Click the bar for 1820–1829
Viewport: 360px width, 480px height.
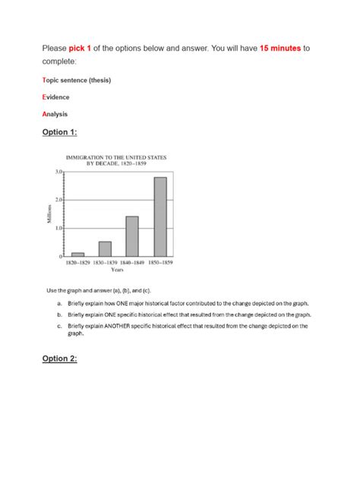point(77,254)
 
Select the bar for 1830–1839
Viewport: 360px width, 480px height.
point(105,249)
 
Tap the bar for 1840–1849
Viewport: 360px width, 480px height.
point(132,237)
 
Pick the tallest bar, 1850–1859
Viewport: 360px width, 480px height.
point(159,217)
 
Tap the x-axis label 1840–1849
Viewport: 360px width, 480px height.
point(131,263)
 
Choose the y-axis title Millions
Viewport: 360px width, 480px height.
point(50,215)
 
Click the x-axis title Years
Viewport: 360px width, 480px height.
point(118,270)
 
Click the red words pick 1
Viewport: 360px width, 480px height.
point(84,48)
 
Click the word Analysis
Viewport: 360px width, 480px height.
point(55,114)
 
